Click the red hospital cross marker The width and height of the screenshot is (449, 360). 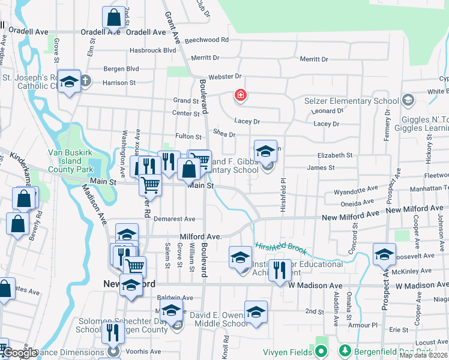click(240, 95)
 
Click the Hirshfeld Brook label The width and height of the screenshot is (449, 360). click(282, 248)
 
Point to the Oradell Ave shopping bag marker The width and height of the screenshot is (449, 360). click(113, 18)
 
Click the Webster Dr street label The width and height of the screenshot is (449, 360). click(224, 76)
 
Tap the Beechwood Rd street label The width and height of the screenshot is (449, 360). click(207, 40)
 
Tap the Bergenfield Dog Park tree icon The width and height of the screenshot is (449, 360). click(345, 350)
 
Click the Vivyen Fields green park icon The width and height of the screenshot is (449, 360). click(321, 350)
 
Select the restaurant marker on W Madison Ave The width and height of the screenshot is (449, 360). click(279, 271)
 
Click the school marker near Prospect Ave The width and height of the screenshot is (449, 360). click(384, 254)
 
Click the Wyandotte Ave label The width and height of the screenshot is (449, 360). click(354, 193)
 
